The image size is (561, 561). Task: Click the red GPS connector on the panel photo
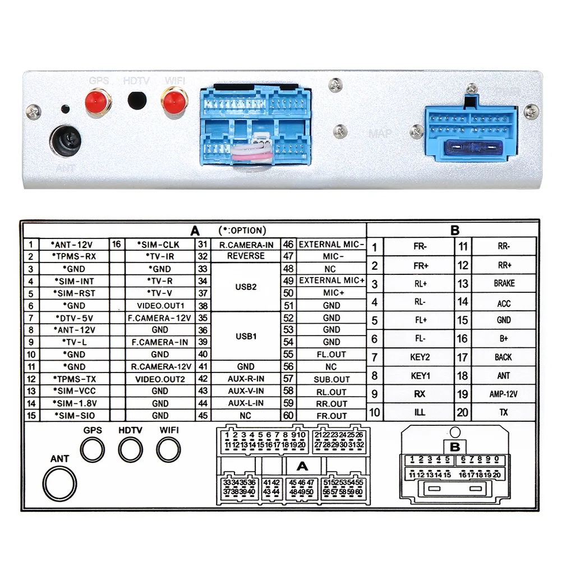(98, 102)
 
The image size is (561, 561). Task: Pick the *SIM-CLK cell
(160, 245)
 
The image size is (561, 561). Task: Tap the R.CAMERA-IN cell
(246, 245)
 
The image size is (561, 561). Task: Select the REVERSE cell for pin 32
(246, 256)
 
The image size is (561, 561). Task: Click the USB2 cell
(246, 287)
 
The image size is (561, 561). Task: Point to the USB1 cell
(246, 336)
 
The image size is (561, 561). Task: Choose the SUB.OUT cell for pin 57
(332, 379)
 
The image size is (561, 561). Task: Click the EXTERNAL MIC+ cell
(332, 280)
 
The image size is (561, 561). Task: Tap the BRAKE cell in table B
(504, 284)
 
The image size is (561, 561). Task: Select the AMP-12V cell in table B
(504, 394)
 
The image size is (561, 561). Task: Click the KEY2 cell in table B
(420, 357)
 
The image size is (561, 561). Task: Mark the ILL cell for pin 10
(420, 412)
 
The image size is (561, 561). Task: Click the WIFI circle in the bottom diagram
(169, 449)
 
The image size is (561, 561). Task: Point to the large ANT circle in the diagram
(60, 483)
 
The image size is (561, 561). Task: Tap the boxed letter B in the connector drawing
(455, 447)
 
